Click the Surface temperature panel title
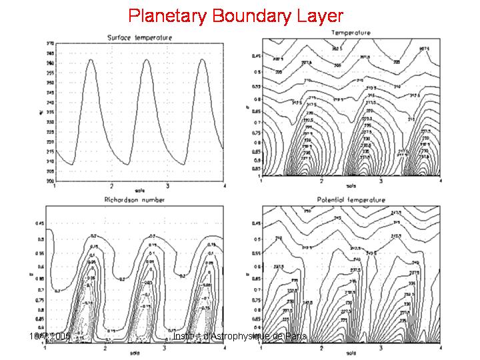139,38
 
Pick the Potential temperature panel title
351,199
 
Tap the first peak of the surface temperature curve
91,60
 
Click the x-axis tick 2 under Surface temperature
112,185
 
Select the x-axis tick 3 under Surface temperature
167,185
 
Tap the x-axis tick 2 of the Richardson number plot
105,348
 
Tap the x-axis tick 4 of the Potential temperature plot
441,347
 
